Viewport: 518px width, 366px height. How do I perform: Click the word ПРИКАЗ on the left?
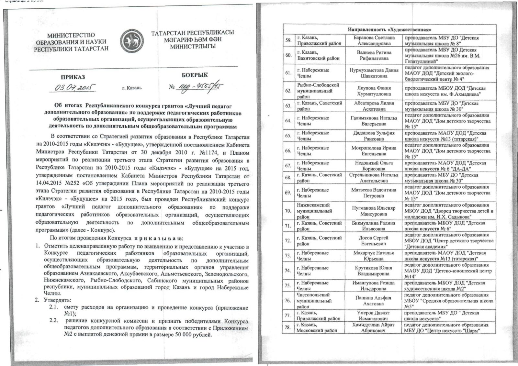tap(73, 77)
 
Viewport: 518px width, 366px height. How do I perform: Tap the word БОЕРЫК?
tap(195, 75)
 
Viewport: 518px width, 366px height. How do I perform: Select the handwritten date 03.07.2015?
tap(74, 87)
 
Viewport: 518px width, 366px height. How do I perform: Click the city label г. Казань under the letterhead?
tap(132, 88)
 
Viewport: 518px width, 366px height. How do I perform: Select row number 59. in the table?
tap(288, 40)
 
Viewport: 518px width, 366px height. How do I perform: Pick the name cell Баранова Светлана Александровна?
tap(374, 40)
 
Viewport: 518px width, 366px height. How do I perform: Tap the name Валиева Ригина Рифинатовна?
tap(374, 55)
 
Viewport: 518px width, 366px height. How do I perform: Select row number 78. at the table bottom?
tap(288, 327)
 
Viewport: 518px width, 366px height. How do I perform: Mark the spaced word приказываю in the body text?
tap(158, 239)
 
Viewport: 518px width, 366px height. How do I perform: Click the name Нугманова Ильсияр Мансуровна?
tap(374, 211)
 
